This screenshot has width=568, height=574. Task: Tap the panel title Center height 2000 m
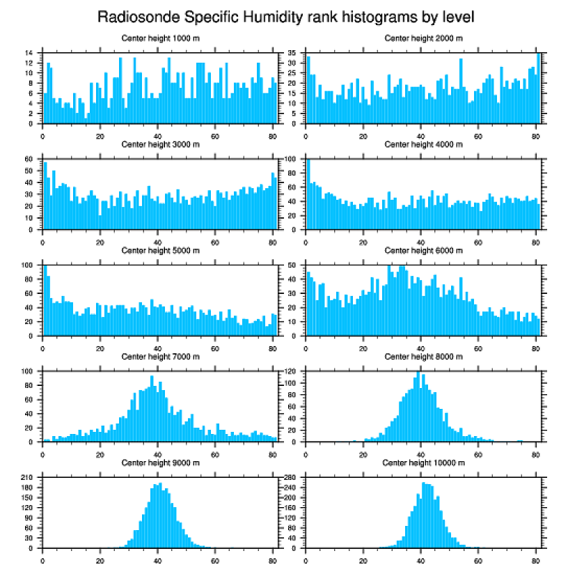click(423, 38)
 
